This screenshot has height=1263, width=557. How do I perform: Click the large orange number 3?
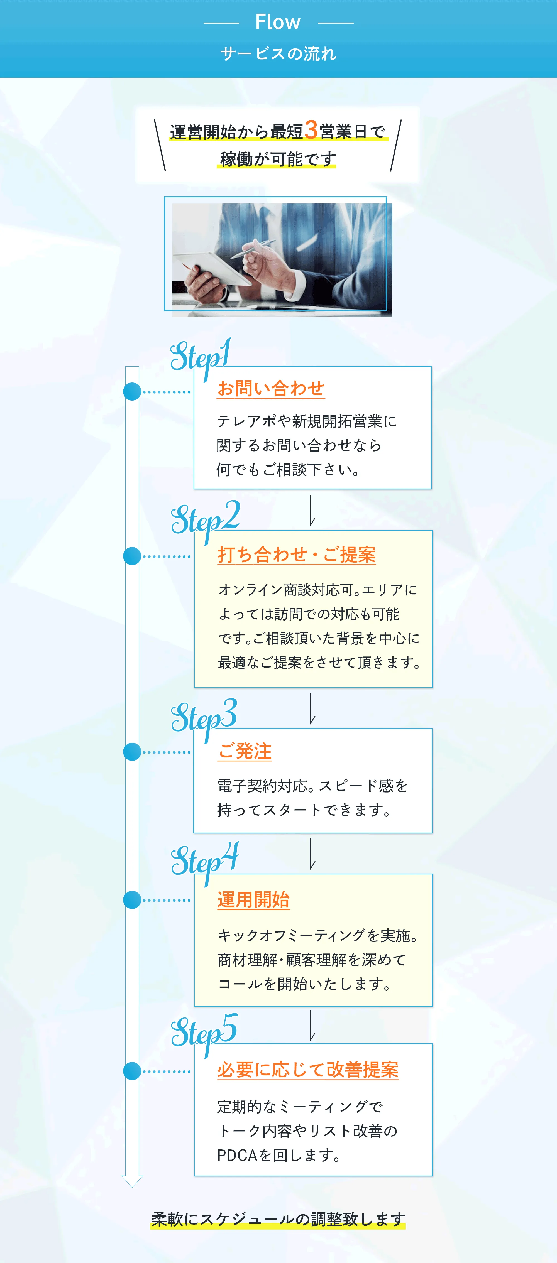pyautogui.click(x=311, y=130)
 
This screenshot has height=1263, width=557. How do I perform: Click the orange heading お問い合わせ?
pyautogui.click(x=271, y=389)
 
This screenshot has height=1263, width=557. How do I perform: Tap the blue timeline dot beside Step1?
pyautogui.click(x=132, y=392)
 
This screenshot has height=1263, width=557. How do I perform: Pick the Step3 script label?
pyautogui.click(x=204, y=717)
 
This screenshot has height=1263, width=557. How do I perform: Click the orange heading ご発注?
pyautogui.click(x=245, y=751)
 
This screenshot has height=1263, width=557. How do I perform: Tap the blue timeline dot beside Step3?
pyautogui.click(x=132, y=752)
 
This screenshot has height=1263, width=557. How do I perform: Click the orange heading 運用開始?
pyautogui.click(x=253, y=900)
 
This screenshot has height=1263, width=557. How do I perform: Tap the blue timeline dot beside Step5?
pyautogui.click(x=132, y=1071)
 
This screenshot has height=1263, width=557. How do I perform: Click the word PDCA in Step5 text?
pyautogui.click(x=237, y=1156)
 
